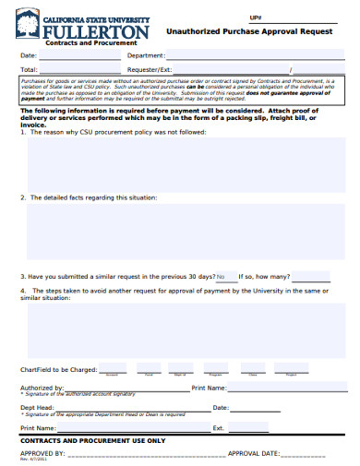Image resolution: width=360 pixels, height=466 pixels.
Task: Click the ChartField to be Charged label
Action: pyautogui.click(x=57, y=369)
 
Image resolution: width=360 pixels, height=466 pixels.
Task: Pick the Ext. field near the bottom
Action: pyautogui.click(x=286, y=428)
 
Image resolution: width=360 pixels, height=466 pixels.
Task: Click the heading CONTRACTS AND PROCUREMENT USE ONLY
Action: pyautogui.click(x=92, y=441)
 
